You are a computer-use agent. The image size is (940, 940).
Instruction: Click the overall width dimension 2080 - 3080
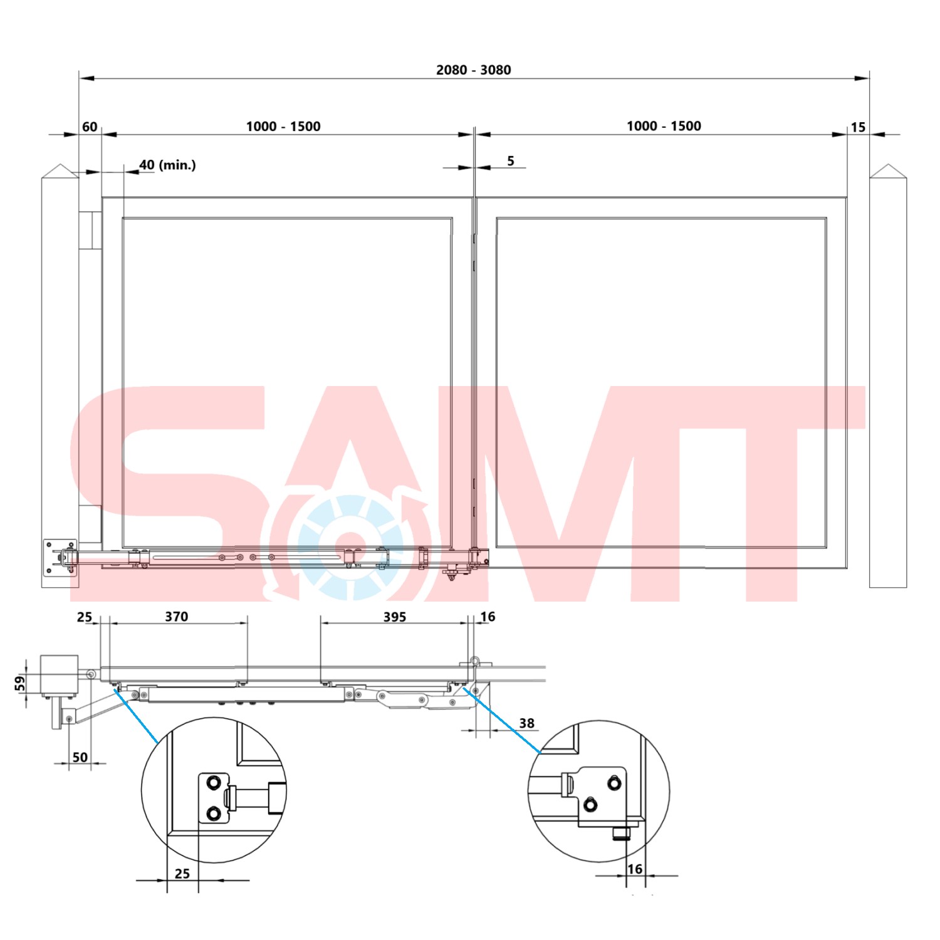point(473,70)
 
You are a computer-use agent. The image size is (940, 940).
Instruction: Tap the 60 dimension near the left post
point(90,127)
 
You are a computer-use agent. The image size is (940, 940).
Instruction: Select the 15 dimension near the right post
point(857,127)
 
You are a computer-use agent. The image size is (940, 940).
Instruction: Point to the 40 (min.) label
point(167,165)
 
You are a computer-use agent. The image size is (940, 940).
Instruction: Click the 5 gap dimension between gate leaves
point(510,161)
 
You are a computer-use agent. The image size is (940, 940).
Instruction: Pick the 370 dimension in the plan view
point(177,617)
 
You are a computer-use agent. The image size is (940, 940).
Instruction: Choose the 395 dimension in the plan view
point(395,617)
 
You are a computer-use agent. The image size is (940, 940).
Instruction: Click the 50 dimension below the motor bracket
point(80,757)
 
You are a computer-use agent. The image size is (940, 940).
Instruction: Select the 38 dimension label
point(526,723)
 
